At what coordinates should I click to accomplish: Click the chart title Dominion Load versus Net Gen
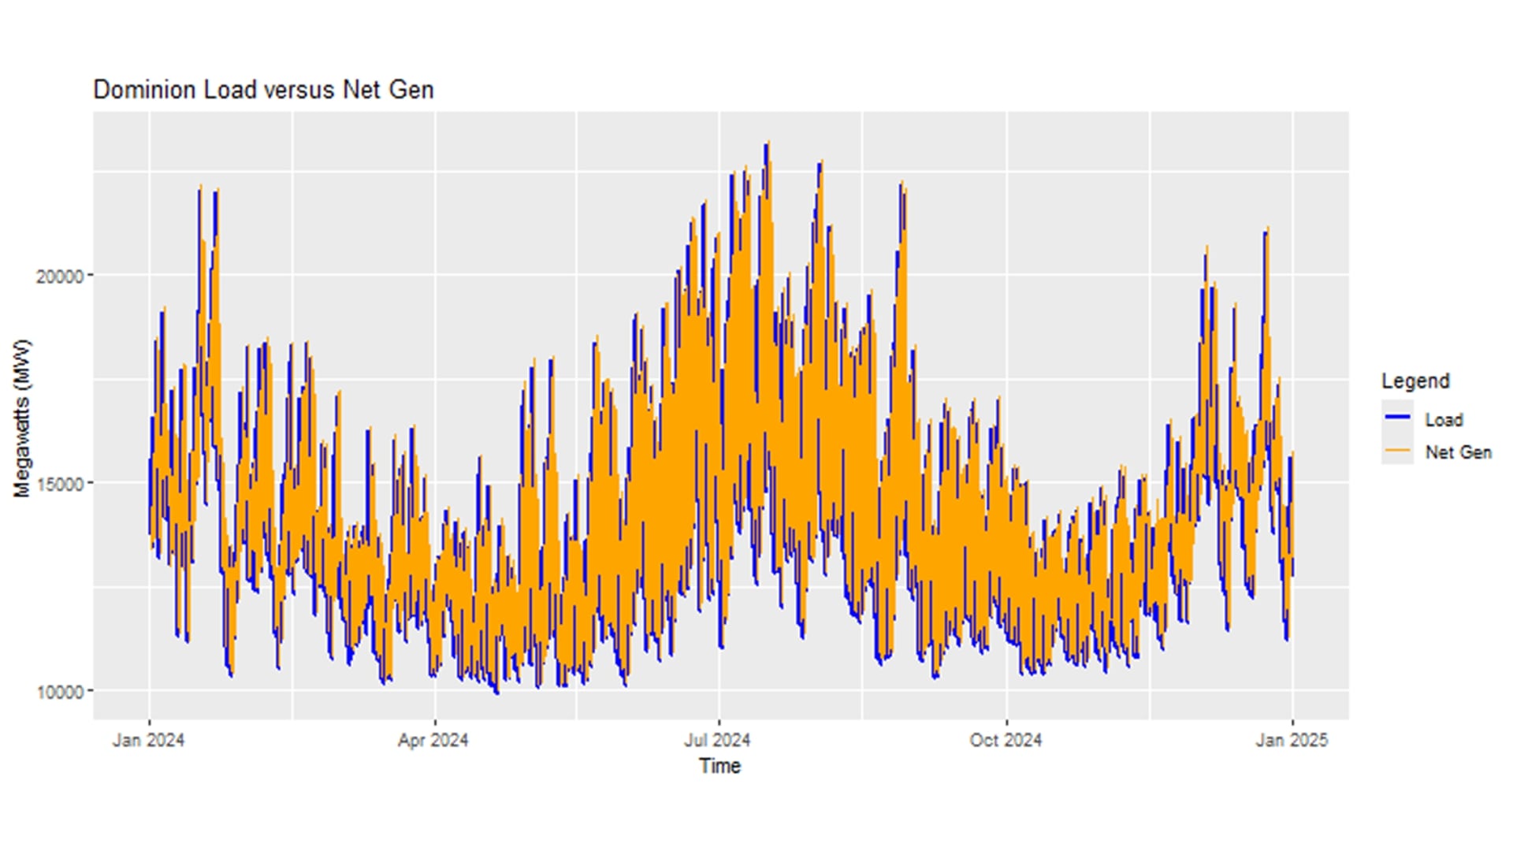[263, 90]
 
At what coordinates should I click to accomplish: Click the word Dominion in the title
[145, 90]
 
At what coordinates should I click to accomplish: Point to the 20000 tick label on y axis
[60, 277]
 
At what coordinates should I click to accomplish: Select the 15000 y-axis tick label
[60, 484]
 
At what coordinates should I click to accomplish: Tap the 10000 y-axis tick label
[60, 692]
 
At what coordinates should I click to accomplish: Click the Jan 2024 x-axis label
[148, 741]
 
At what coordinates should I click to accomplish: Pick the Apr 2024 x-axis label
[433, 741]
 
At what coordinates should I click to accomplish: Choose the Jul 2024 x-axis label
[717, 741]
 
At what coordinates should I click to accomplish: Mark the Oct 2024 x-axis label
[1006, 741]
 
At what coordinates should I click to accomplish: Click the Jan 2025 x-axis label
[1292, 741]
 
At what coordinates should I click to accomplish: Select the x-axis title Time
[719, 766]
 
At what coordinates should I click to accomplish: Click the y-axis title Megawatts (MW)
[22, 418]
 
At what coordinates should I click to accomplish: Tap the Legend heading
[1415, 381]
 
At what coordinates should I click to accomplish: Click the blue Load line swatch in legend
[1397, 417]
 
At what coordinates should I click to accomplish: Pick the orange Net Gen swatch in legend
[1397, 450]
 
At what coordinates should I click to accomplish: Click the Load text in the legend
[1444, 420]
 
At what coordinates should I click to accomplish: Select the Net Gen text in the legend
[1458, 452]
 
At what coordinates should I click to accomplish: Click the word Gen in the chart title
[411, 90]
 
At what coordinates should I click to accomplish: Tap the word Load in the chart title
[230, 90]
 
